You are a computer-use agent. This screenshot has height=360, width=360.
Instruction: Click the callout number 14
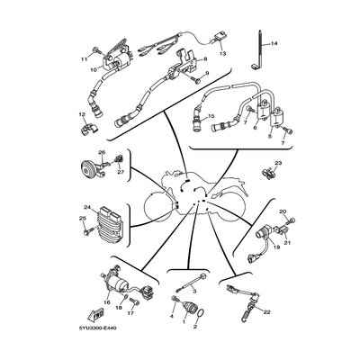(274, 44)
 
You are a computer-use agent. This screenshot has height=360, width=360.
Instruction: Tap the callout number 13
(222, 54)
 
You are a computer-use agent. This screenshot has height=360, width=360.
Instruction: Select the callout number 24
(87, 207)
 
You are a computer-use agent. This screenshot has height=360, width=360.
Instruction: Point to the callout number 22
(266, 312)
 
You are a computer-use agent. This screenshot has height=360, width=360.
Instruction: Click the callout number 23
(278, 163)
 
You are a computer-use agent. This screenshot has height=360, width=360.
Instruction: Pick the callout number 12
(82, 114)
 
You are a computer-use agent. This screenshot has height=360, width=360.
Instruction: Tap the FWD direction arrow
(95, 315)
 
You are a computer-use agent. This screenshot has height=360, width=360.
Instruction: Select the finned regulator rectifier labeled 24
(109, 222)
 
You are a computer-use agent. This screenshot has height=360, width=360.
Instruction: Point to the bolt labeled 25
(87, 231)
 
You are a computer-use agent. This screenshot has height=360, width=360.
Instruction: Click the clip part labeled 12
(89, 130)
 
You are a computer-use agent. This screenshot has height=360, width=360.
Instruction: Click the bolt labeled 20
(292, 221)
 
